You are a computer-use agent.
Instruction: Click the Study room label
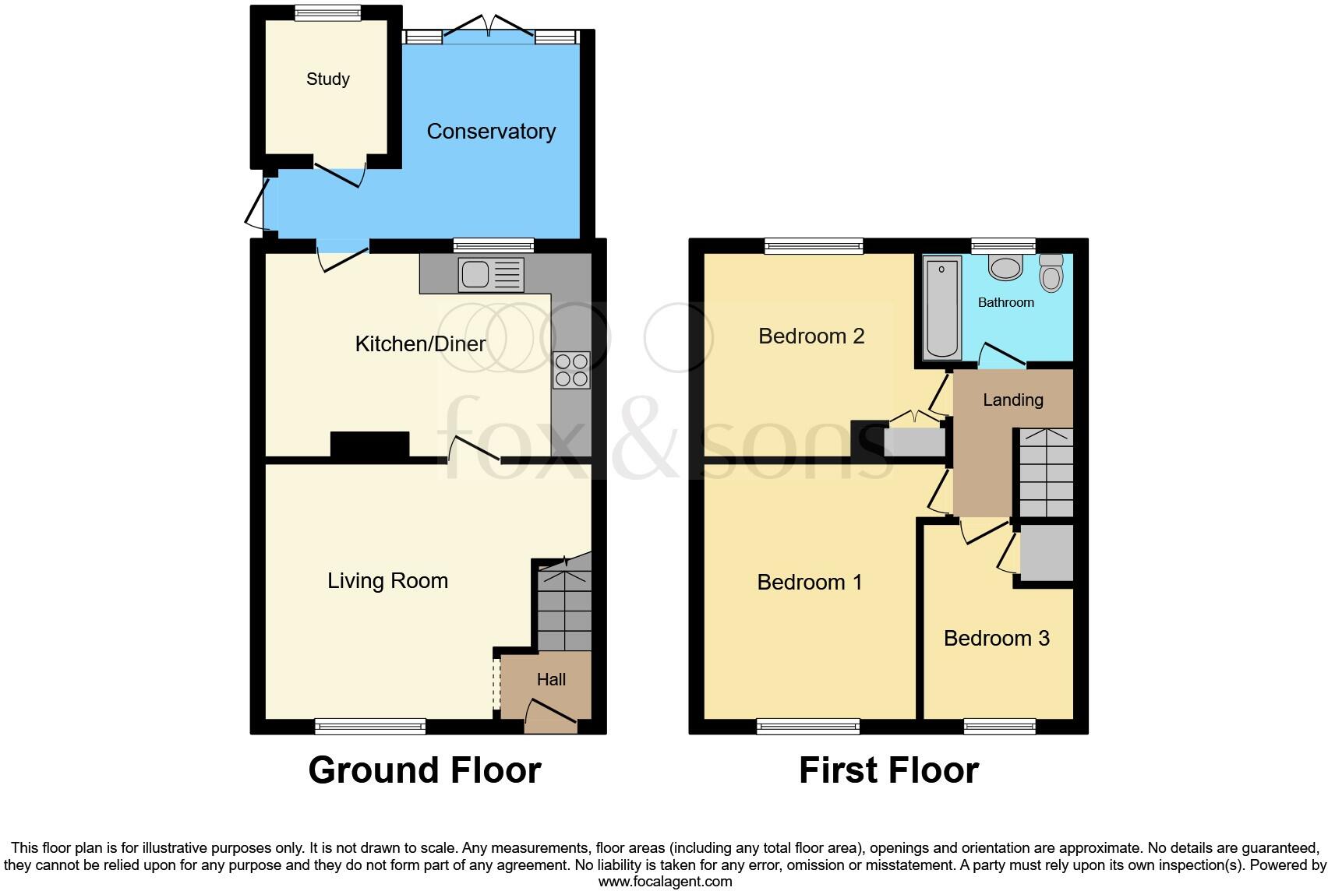click(x=328, y=79)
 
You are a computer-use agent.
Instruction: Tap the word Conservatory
click(x=491, y=131)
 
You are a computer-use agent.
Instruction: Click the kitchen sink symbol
click(x=491, y=274)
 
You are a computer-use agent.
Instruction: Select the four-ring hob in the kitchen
click(x=571, y=370)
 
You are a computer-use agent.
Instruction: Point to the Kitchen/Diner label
click(x=420, y=343)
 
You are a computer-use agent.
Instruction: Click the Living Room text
click(x=387, y=580)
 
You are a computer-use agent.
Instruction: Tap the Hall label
click(x=551, y=679)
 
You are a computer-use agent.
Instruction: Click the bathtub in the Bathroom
click(x=942, y=308)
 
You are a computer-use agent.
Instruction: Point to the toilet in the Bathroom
click(x=1051, y=273)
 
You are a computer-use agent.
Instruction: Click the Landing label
click(x=1012, y=400)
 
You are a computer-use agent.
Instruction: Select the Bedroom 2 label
click(x=811, y=336)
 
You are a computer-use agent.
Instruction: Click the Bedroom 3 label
click(x=996, y=638)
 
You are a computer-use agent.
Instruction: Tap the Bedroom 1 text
click(x=810, y=582)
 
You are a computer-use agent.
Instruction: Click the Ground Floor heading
click(x=425, y=769)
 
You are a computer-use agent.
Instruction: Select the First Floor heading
click(x=888, y=769)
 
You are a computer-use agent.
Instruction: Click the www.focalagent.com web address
click(x=665, y=882)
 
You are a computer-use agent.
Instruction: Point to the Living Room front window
click(x=370, y=727)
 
